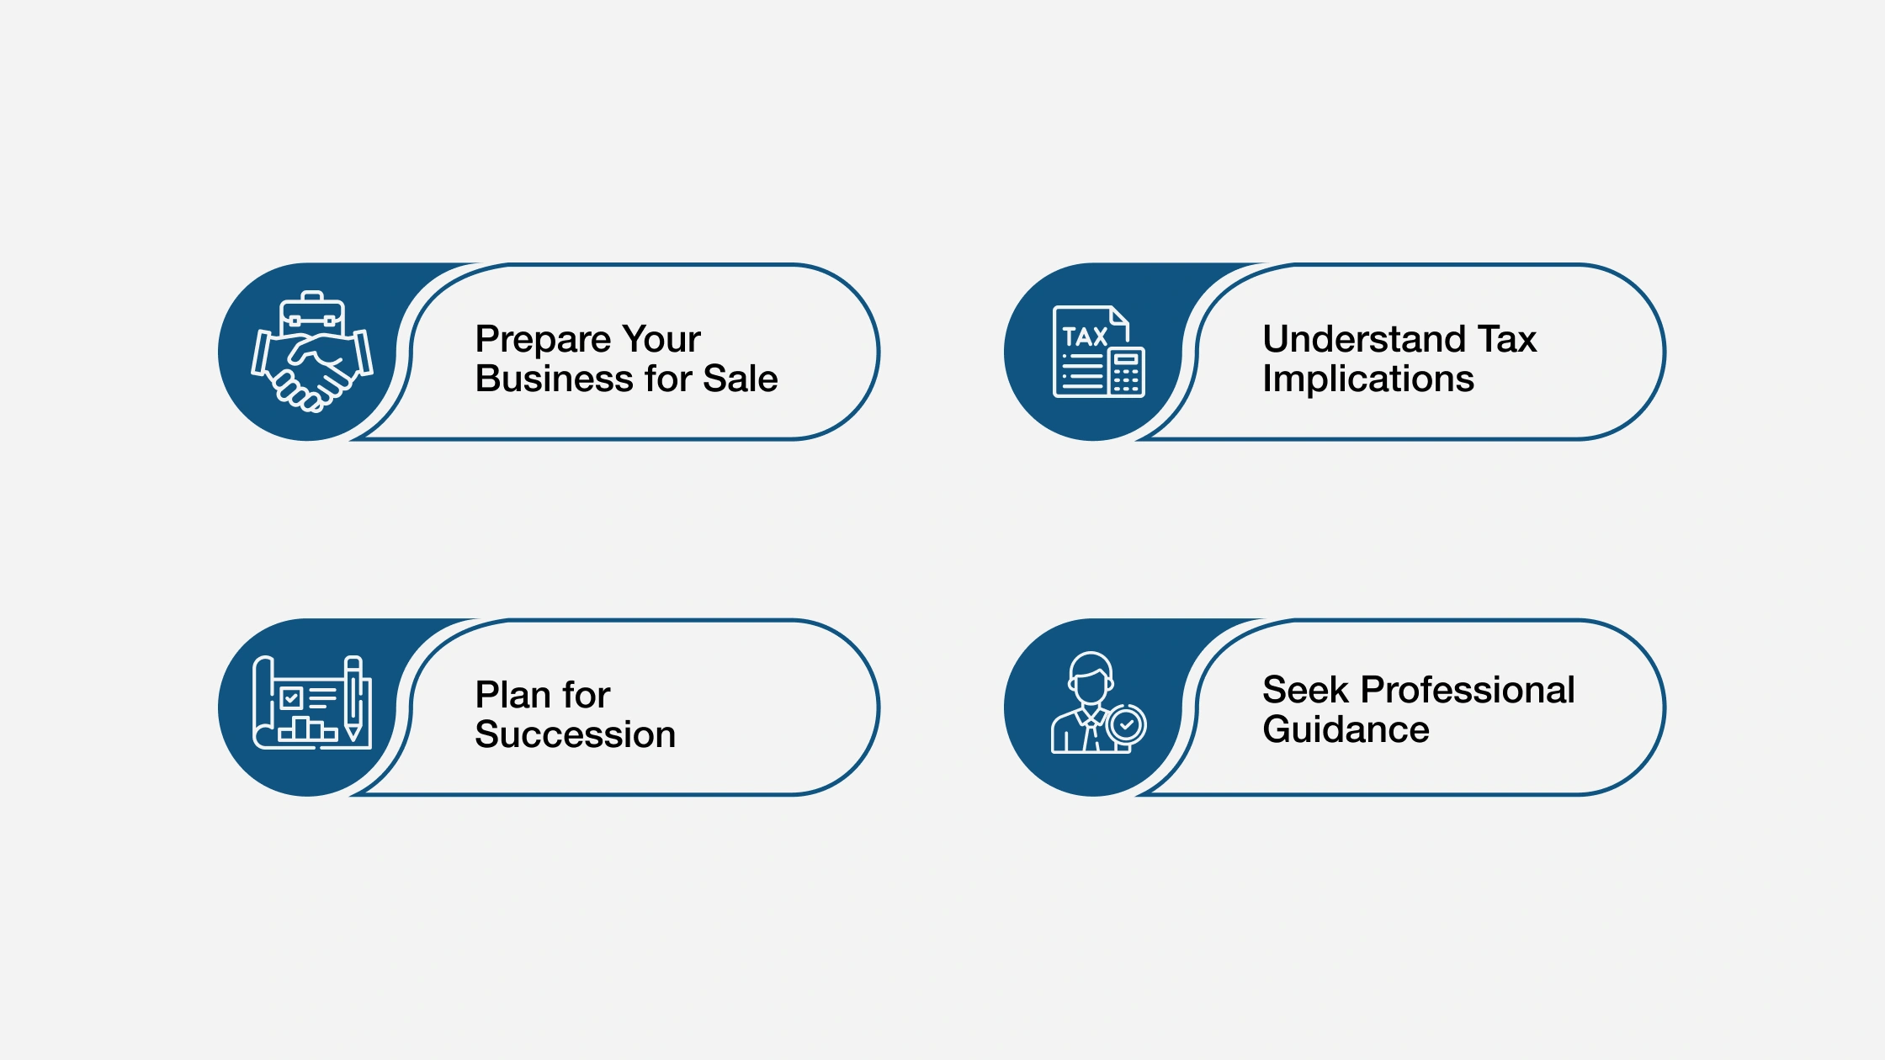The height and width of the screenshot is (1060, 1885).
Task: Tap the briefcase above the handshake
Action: coord(312,313)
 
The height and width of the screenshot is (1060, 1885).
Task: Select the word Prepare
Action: coord(542,340)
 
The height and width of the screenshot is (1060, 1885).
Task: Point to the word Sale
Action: coord(740,379)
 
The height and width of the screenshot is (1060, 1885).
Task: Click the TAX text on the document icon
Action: coord(1084,337)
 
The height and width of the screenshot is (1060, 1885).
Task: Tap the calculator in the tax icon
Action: coord(1126,372)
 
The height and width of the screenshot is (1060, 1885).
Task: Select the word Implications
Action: coord(1367,379)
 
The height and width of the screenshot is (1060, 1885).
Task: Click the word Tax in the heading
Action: coord(1507,339)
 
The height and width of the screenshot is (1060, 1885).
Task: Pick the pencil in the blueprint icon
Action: coord(353,698)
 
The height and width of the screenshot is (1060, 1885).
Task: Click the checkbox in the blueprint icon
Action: coord(291,697)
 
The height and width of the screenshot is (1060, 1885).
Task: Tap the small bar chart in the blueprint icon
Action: coord(306,729)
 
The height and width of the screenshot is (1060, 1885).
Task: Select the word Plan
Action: coord(512,695)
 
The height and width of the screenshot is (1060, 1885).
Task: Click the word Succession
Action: coord(575,734)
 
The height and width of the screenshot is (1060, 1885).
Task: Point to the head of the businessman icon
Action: coord(1091,678)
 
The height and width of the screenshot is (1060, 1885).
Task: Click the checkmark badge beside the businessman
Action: coord(1126,723)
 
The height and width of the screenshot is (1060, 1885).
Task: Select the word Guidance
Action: coord(1345,729)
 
